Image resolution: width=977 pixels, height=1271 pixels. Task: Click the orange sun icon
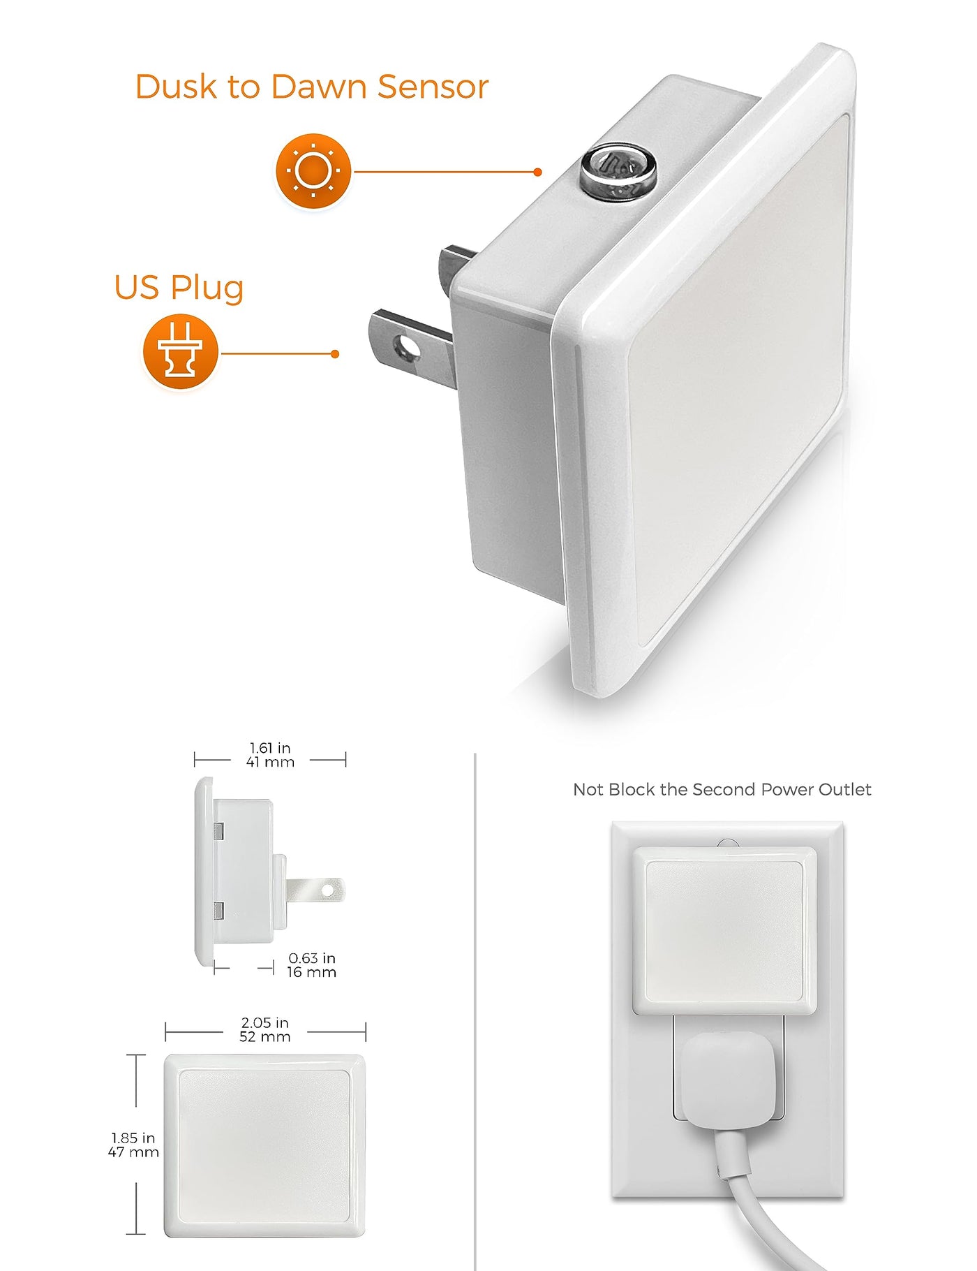(313, 171)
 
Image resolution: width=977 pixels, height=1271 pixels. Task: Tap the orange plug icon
(181, 351)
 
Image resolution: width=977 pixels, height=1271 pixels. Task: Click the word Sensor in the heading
(433, 87)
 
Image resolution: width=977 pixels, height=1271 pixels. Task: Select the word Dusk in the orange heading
(176, 87)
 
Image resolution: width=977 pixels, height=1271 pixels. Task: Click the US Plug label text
(179, 288)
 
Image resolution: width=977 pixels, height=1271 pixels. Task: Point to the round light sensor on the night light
(618, 172)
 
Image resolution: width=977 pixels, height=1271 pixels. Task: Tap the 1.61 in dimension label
(270, 748)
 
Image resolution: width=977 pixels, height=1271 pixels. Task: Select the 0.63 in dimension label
(312, 958)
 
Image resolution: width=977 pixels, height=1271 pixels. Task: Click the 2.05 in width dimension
(265, 1023)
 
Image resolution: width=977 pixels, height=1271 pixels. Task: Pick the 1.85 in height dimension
(133, 1138)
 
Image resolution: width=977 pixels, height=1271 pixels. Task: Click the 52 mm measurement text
(265, 1037)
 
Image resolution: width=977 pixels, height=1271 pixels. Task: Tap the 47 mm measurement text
(133, 1152)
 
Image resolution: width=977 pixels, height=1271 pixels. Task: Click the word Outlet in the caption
(844, 790)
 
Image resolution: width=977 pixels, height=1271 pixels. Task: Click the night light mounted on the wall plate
(724, 930)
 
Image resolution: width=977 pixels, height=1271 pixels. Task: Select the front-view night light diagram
(264, 1145)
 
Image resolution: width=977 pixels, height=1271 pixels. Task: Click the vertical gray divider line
(475, 1012)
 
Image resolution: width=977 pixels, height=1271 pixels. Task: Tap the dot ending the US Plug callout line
(335, 354)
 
